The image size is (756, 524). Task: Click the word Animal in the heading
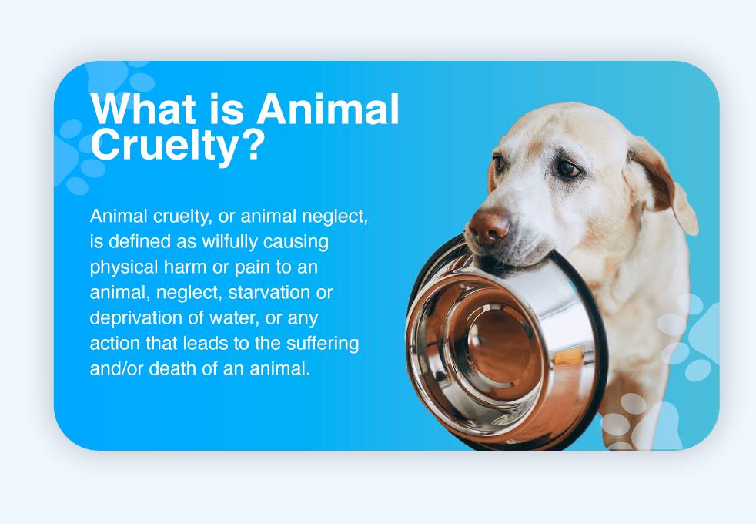[x=328, y=109]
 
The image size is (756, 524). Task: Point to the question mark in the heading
[x=253, y=144]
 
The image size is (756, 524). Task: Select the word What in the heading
[x=143, y=109]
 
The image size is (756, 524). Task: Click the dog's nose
[x=488, y=227]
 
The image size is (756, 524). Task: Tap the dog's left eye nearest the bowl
[x=499, y=164]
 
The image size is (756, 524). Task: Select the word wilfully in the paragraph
[x=229, y=241]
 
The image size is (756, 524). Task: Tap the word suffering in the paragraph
[x=323, y=344]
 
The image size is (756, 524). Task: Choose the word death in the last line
[x=172, y=369]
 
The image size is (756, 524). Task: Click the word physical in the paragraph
[x=124, y=267]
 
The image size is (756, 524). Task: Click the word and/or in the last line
[x=117, y=369]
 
